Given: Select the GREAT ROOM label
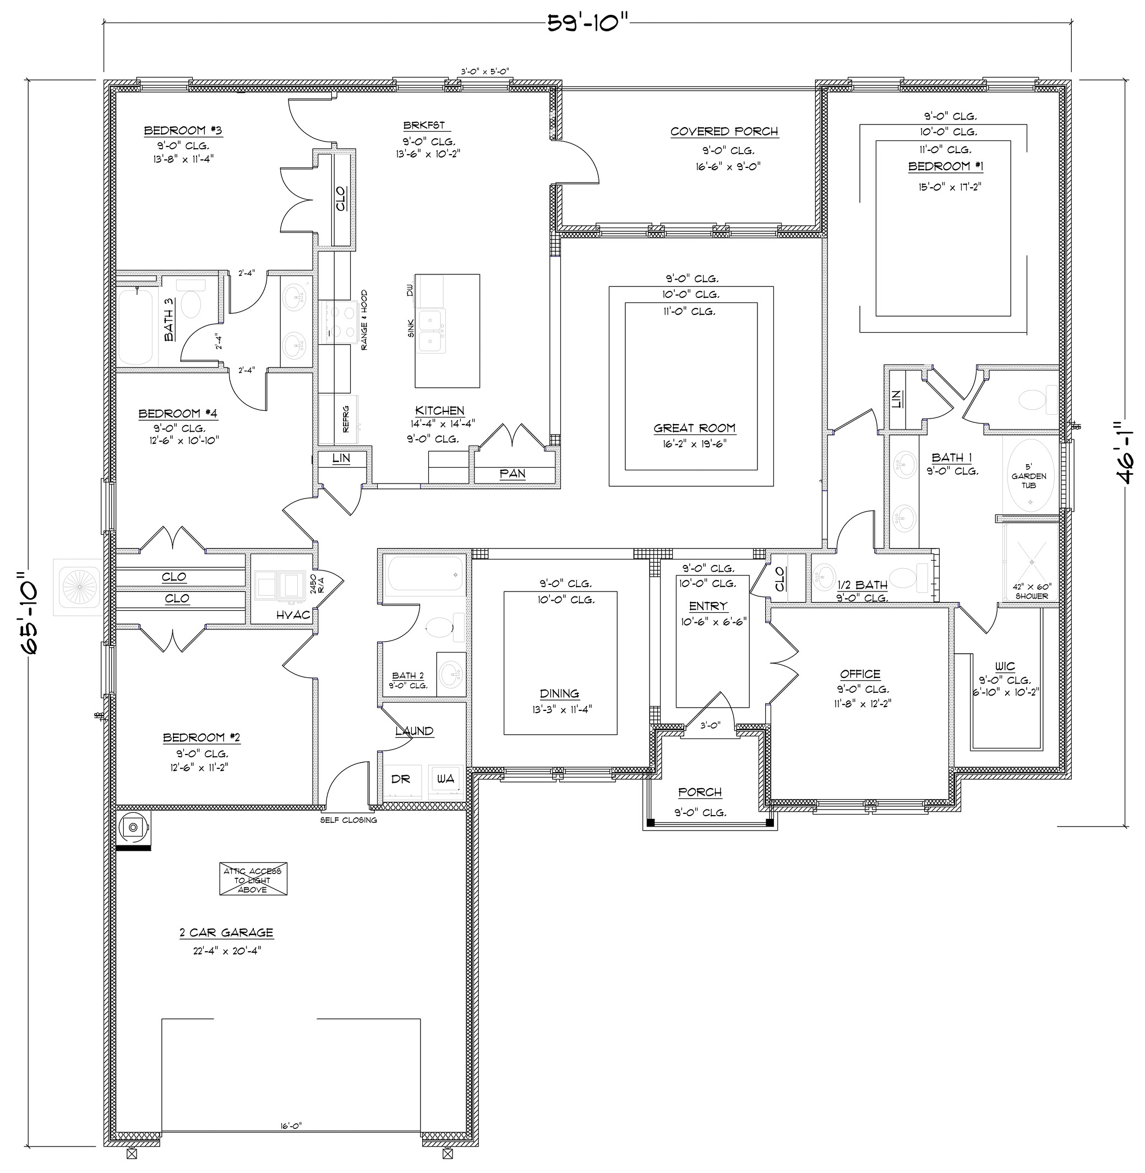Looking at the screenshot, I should tap(695, 428).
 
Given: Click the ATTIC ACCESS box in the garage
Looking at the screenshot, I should tap(253, 880).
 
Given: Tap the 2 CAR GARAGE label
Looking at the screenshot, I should tap(226, 933).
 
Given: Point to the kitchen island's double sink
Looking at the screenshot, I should tap(432, 332).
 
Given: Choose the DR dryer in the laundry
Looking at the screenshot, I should tap(401, 779).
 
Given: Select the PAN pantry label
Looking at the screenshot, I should tap(512, 474).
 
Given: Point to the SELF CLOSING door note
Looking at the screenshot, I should tap(348, 820).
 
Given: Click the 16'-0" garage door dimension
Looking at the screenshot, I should tap(291, 1126).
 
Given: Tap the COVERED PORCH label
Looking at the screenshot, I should tap(724, 132).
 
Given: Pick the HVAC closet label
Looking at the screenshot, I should tap(293, 615).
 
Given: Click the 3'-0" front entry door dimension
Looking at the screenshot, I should tap(710, 725).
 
